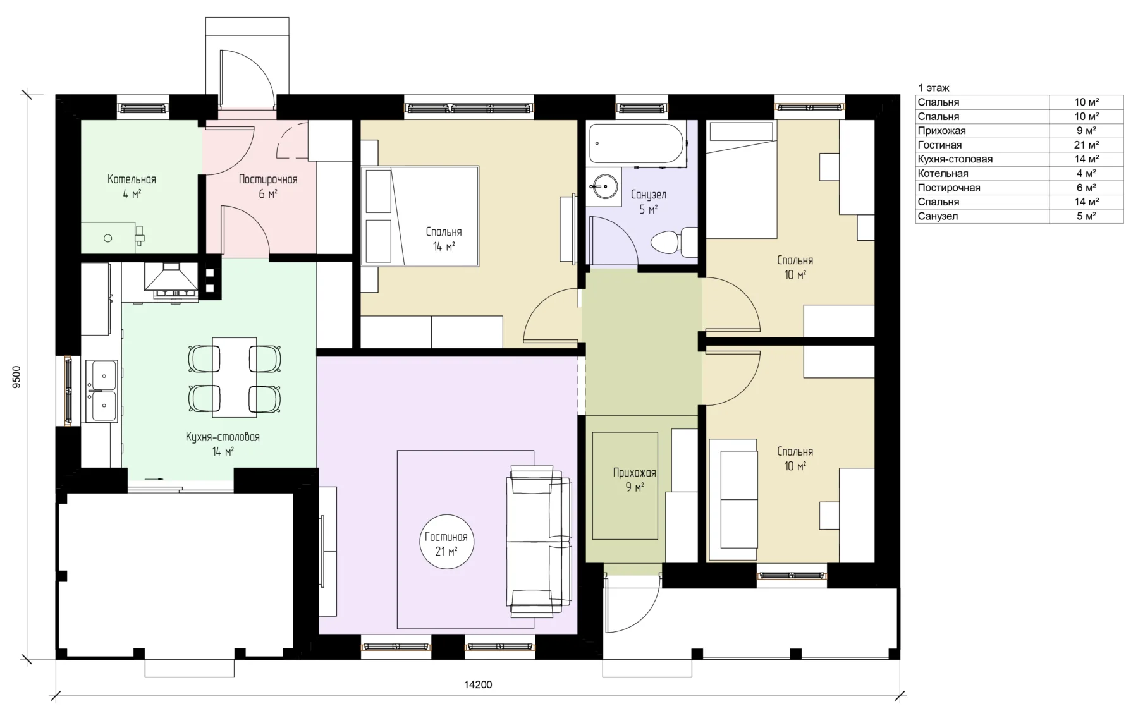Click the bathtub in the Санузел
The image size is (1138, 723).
pos(637,143)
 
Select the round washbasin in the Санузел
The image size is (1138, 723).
pos(604,186)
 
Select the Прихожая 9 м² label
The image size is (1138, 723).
pos(634,480)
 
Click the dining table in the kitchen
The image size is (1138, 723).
pos(235,377)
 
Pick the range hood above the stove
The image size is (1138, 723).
pos(171,279)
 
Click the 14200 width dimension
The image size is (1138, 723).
pos(478,684)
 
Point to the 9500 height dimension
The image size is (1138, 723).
pos(17,377)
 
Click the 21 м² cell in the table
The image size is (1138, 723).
pos(1086,145)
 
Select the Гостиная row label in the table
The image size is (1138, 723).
pos(939,145)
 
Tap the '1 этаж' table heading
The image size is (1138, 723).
pos(933,88)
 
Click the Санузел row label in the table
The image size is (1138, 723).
pos(938,216)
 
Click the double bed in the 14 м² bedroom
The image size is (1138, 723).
pos(419,216)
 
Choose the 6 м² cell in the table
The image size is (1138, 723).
pos(1086,188)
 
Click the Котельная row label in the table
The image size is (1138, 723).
pos(943,174)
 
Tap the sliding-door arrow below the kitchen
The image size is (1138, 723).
pos(154,479)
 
